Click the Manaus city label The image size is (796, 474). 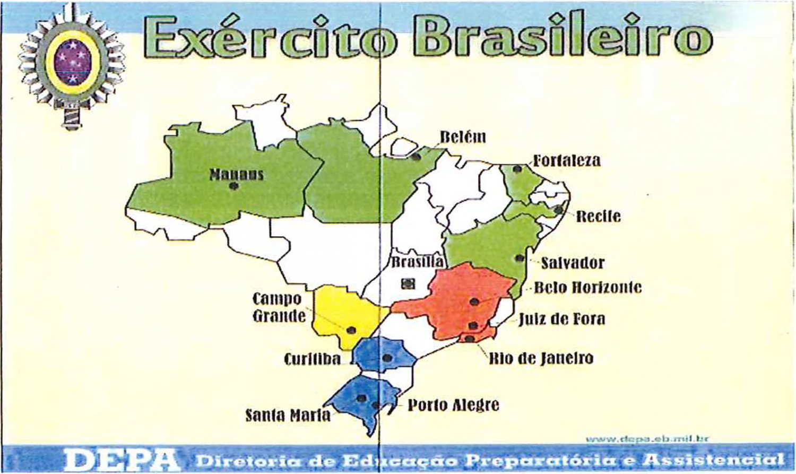pos(236,174)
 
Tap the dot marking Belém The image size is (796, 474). pos(417,157)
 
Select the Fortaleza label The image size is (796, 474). pos(567,160)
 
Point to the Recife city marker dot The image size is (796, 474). pos(558,210)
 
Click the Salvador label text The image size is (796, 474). pos(573,263)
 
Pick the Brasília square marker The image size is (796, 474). pos(408,283)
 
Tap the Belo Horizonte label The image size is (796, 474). pos(587,288)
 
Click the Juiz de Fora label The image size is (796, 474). pos(562,319)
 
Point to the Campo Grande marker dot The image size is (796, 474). pos(351,330)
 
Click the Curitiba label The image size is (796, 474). pos(312,359)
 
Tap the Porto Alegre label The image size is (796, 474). pos(453,406)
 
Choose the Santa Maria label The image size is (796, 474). pos(288,415)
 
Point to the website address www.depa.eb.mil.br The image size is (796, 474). pos(647,439)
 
